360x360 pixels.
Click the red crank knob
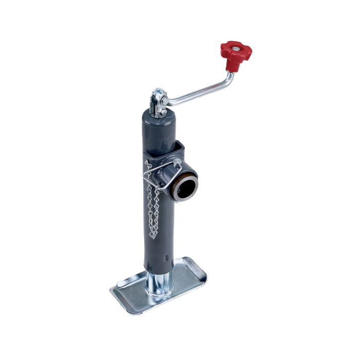pos(236,52)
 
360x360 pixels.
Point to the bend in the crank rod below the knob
pos(230,78)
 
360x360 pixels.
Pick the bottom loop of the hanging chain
pos(153,236)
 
